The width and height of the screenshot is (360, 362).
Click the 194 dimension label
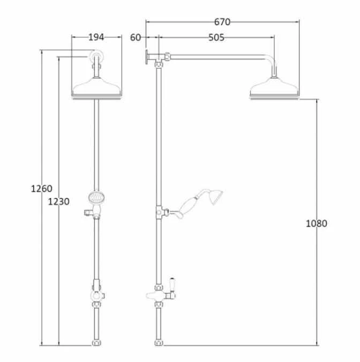click(x=96, y=37)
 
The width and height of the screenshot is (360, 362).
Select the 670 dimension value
click(x=222, y=22)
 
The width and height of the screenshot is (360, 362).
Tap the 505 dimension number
click(x=216, y=38)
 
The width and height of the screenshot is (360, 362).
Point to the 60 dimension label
click(x=136, y=38)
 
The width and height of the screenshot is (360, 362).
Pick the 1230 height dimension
click(x=58, y=202)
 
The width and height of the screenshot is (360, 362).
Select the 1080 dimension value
click(x=316, y=223)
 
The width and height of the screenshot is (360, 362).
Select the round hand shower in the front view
click(x=96, y=198)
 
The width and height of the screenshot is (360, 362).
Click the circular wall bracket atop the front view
click(x=96, y=56)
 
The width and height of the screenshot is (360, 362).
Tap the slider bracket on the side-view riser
click(x=159, y=212)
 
